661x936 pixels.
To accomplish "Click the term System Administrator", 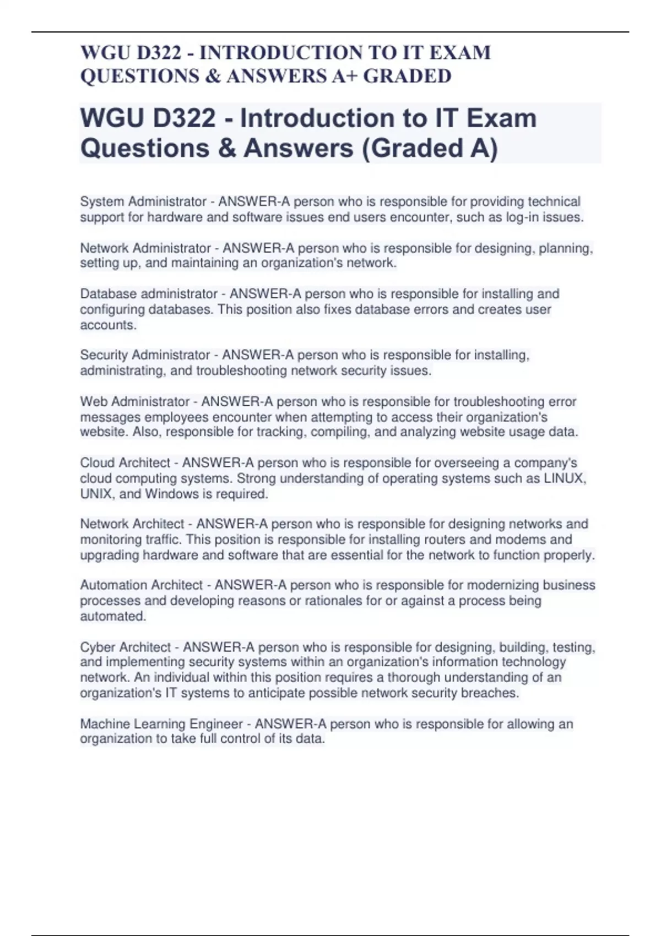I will pos(143,202).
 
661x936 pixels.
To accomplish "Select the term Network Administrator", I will pos(145,248).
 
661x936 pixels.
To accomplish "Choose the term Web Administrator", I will pos(135,401).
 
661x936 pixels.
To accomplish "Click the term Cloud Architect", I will pos(125,462).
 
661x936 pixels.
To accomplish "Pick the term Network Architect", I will pos(132,524).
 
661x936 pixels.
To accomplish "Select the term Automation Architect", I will pos(142,585).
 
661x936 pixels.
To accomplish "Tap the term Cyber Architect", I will pos(126,647).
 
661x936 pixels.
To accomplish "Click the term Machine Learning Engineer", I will pos(161,723).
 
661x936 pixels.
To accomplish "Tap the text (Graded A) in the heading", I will pos(429,148).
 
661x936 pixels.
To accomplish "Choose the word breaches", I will pos(490,693).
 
